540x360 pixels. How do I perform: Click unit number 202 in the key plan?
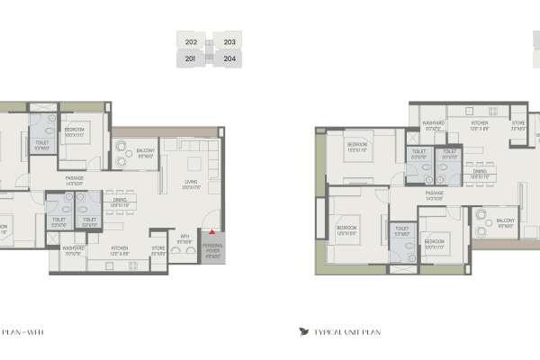[x=191, y=41]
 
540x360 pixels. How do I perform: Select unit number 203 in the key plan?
[x=229, y=41]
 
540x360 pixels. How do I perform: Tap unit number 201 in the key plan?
[x=191, y=58]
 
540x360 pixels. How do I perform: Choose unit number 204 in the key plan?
[x=229, y=58]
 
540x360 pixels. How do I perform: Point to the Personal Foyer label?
[x=213, y=248]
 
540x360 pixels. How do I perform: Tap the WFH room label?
[x=184, y=239]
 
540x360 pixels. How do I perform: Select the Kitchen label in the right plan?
[x=479, y=124]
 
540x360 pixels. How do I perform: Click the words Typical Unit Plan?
[x=347, y=332]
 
